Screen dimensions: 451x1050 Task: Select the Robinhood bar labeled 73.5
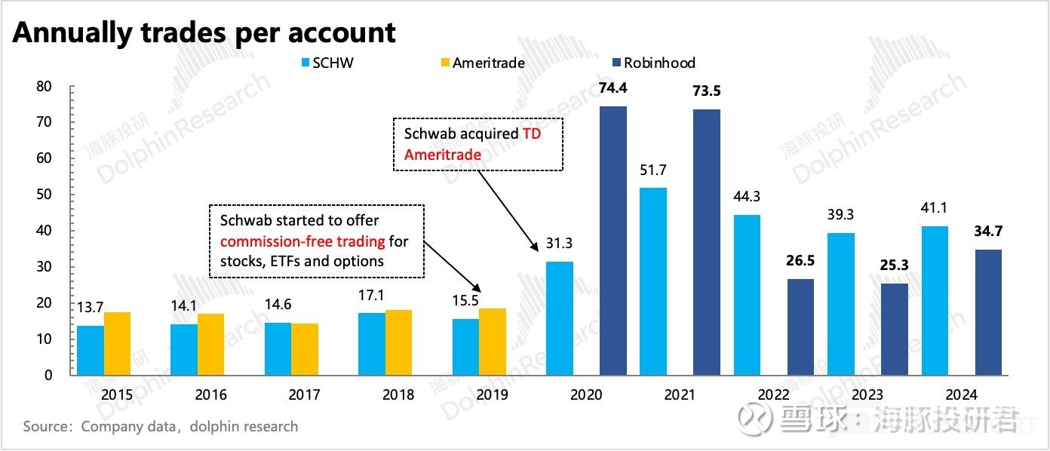[706, 241]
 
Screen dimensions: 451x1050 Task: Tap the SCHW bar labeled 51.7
[652, 281]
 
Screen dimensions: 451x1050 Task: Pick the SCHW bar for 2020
[559, 318]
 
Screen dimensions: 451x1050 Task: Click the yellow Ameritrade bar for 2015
[117, 343]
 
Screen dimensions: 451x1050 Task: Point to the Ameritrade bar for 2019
[492, 341]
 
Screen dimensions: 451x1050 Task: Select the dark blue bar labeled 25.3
[894, 329]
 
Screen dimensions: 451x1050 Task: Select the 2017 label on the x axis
[304, 394]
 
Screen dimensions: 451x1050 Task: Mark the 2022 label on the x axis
[773, 394]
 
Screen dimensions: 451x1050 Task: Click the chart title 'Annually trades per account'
[204, 32]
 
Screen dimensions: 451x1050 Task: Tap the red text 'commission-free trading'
[302, 241]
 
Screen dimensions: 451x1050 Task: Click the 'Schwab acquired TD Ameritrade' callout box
[479, 143]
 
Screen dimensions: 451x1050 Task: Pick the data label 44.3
[747, 197]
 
